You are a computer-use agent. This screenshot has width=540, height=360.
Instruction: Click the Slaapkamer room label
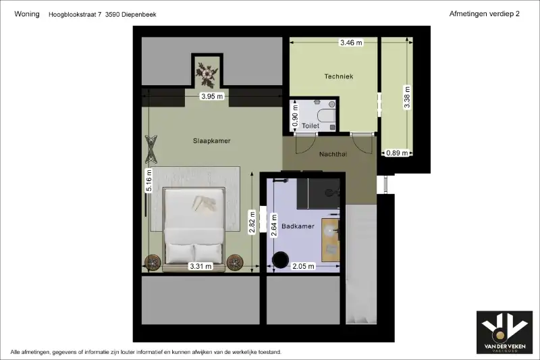click(x=211, y=140)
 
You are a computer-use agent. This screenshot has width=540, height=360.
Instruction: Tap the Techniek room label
click(x=339, y=76)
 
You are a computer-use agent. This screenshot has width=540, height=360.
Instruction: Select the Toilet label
click(x=310, y=126)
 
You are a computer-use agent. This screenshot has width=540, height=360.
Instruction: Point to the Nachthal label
click(x=333, y=154)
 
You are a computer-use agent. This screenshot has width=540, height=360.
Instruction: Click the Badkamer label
click(x=298, y=226)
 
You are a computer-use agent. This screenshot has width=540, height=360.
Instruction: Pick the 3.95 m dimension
click(x=212, y=96)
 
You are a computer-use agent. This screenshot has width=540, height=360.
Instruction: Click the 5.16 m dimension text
click(x=148, y=180)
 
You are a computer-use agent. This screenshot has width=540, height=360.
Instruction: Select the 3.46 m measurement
click(x=351, y=43)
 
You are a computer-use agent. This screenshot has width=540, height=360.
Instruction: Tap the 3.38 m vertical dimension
click(x=407, y=97)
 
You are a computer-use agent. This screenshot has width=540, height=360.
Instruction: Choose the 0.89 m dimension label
click(x=397, y=153)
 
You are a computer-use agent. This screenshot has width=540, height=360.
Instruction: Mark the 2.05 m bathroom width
click(x=303, y=266)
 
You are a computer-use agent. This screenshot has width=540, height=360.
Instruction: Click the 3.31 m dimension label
click(x=200, y=266)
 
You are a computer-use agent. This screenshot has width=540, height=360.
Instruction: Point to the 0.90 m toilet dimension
click(x=295, y=115)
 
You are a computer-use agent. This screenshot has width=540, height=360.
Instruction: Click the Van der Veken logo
click(x=504, y=332)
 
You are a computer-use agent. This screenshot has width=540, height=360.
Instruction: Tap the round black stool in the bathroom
click(x=280, y=260)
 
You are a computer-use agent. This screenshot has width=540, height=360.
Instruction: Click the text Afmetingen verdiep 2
click(x=484, y=14)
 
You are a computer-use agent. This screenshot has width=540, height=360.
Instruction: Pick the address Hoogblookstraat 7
click(x=75, y=14)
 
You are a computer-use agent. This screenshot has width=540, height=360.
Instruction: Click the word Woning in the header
click(x=27, y=14)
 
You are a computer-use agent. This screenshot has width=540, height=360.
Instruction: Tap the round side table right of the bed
click(x=235, y=263)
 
